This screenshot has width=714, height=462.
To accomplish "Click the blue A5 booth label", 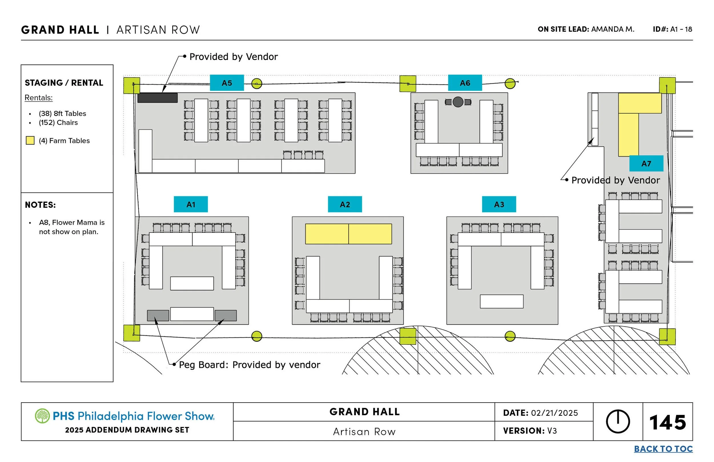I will (x=227, y=83).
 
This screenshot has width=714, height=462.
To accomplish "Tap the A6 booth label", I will (x=465, y=83).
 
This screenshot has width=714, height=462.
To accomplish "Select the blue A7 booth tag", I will (x=646, y=164).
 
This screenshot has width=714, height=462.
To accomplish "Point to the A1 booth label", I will (x=191, y=204).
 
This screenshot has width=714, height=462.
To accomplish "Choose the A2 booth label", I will (x=345, y=204).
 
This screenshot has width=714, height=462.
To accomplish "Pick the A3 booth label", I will (x=499, y=204).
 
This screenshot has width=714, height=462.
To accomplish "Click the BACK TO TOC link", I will (x=663, y=449).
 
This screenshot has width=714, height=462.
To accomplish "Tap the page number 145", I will (x=667, y=422).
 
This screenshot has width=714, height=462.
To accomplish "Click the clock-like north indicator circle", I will (x=618, y=421).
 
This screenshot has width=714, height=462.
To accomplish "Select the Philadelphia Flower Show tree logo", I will (x=42, y=416).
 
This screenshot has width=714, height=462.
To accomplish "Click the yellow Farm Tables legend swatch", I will (x=30, y=140).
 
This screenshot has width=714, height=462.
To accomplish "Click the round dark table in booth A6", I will (x=458, y=102).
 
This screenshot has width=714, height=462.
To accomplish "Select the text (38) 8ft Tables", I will (x=62, y=113).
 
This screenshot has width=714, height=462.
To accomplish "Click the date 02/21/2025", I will (x=554, y=413).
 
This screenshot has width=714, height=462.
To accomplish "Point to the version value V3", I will (x=552, y=431).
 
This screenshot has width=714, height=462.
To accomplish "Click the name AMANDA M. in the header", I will (x=613, y=29).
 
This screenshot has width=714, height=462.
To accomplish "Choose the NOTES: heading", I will (x=40, y=205).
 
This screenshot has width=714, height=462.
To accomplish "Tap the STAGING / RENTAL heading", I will (x=64, y=83).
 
